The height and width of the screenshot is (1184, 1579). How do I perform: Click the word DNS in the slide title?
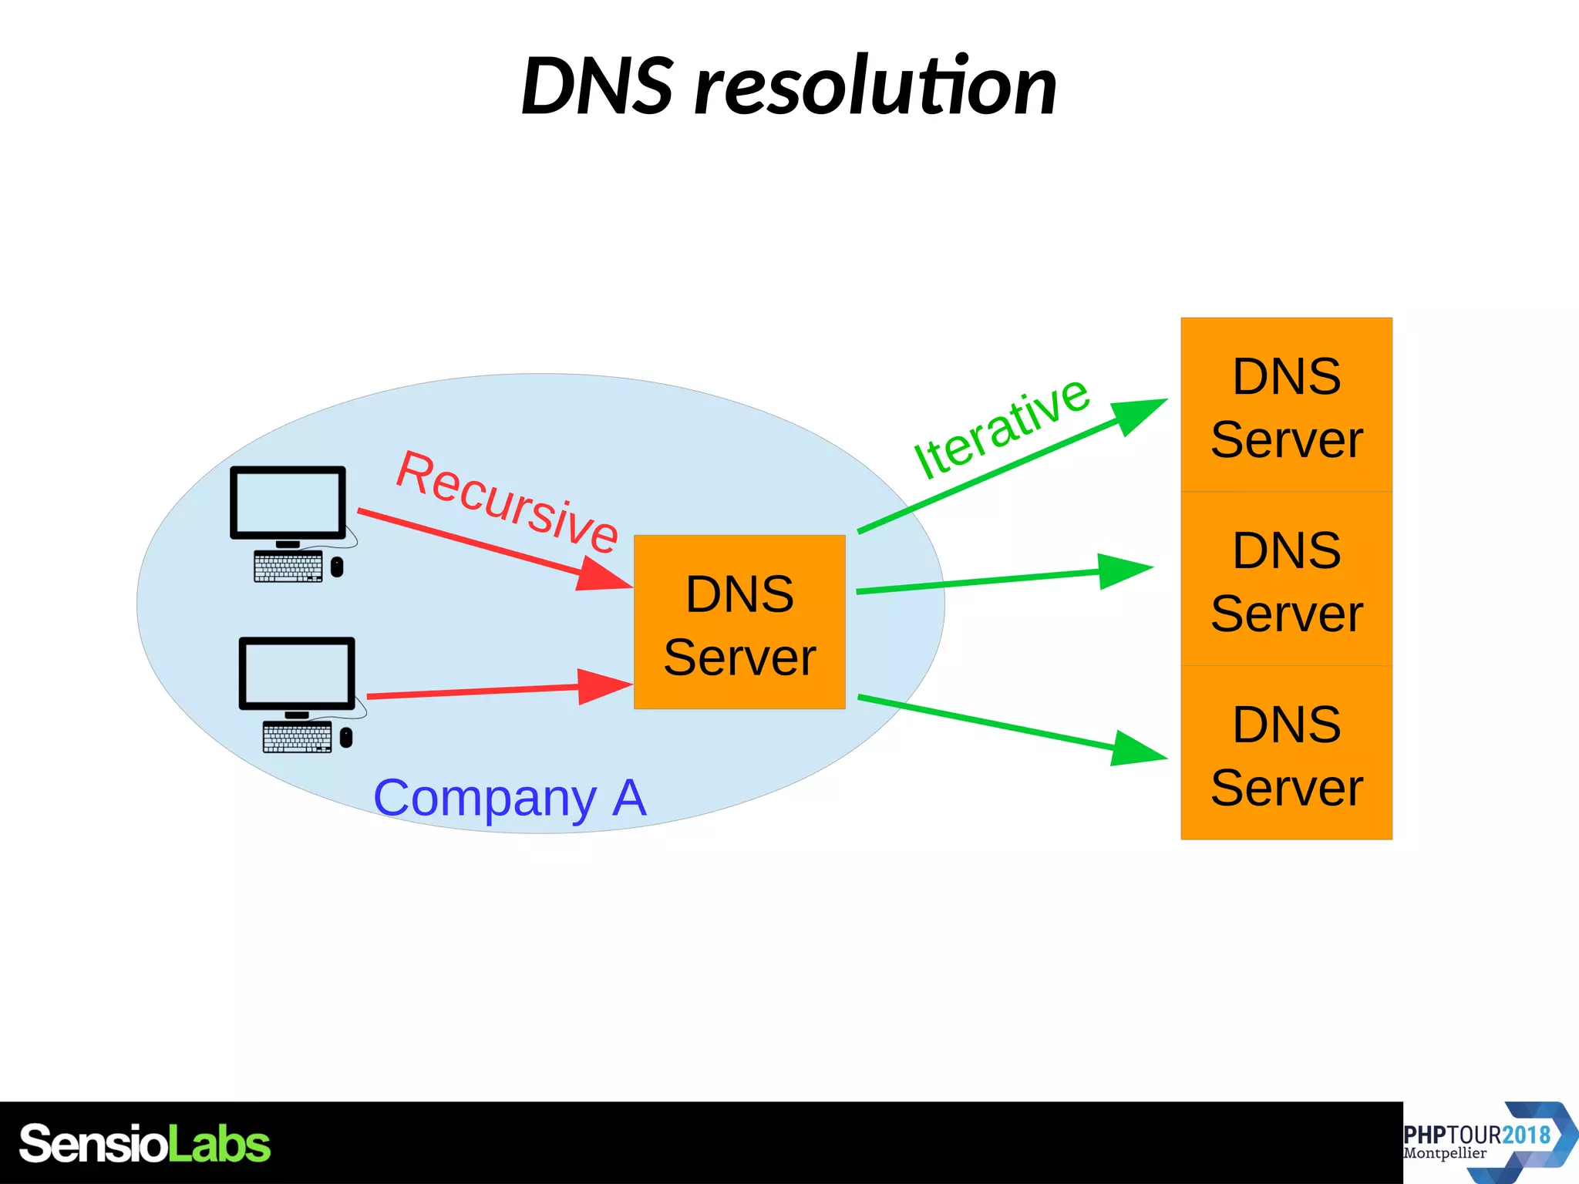598,86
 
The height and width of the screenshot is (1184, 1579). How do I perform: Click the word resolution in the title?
875,86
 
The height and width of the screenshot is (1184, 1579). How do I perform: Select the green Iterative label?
1001,428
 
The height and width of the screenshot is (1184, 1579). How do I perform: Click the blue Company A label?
509,798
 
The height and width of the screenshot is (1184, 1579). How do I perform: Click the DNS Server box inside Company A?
739,622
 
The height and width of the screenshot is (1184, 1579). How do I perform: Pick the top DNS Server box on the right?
1286,405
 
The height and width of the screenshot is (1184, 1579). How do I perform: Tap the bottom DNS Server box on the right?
1286,753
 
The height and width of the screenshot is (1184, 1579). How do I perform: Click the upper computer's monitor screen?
288,502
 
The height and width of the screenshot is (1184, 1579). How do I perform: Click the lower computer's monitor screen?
297,673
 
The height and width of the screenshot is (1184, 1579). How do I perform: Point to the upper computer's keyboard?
288,567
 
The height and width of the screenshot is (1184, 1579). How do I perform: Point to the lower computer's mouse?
346,738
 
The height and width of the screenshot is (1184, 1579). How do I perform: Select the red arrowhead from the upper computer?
604,575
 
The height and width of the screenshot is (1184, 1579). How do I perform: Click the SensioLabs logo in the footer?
144,1144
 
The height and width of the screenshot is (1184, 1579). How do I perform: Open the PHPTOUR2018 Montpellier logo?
1488,1142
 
